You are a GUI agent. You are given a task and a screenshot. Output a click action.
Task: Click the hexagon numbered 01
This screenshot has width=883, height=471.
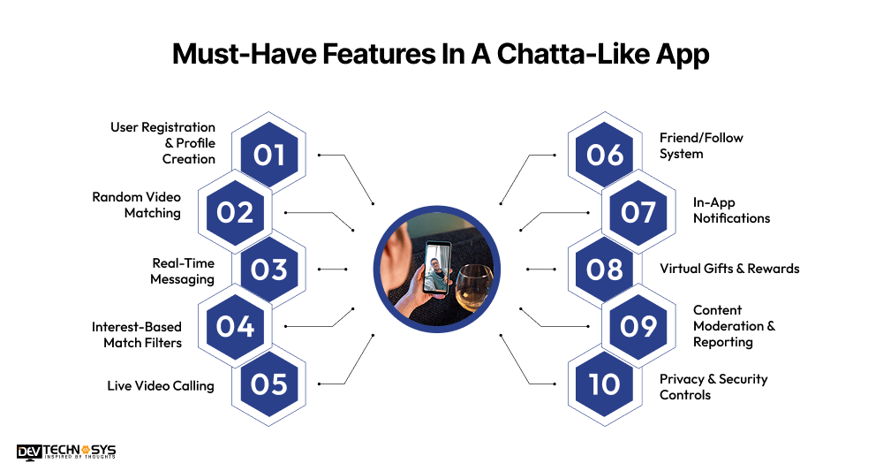point(269,156)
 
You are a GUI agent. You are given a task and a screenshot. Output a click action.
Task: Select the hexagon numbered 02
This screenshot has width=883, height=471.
point(235,213)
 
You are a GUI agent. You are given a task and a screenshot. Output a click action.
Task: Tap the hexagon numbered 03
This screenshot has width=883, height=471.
point(269,270)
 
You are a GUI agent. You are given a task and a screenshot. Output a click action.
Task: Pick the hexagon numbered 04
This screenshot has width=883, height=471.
point(235,327)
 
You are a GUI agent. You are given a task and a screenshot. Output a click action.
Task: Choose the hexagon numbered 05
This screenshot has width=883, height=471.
point(269,384)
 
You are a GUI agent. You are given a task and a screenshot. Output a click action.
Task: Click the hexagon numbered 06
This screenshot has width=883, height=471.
point(605,156)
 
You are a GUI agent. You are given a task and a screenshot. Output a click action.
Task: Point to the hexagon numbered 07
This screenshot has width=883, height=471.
point(638,213)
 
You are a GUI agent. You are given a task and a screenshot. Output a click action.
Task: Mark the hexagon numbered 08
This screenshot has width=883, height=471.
point(605,270)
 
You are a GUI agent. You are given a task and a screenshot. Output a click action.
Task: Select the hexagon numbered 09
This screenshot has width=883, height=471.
point(638,327)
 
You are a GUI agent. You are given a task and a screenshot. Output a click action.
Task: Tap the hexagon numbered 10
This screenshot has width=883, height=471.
point(605,384)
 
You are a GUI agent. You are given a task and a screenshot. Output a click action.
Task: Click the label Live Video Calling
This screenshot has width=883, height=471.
point(161,385)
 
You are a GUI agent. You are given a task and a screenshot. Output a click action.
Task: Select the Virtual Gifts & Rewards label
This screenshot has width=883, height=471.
point(729,269)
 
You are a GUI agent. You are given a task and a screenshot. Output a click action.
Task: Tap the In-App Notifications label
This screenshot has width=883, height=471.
point(731,210)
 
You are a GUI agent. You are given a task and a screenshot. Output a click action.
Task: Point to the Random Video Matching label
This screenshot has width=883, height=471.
point(136,205)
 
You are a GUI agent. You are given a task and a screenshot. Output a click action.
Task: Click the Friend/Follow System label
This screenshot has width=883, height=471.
point(701,146)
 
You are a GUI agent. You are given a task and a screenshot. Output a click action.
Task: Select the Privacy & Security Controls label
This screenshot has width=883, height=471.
point(713,387)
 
